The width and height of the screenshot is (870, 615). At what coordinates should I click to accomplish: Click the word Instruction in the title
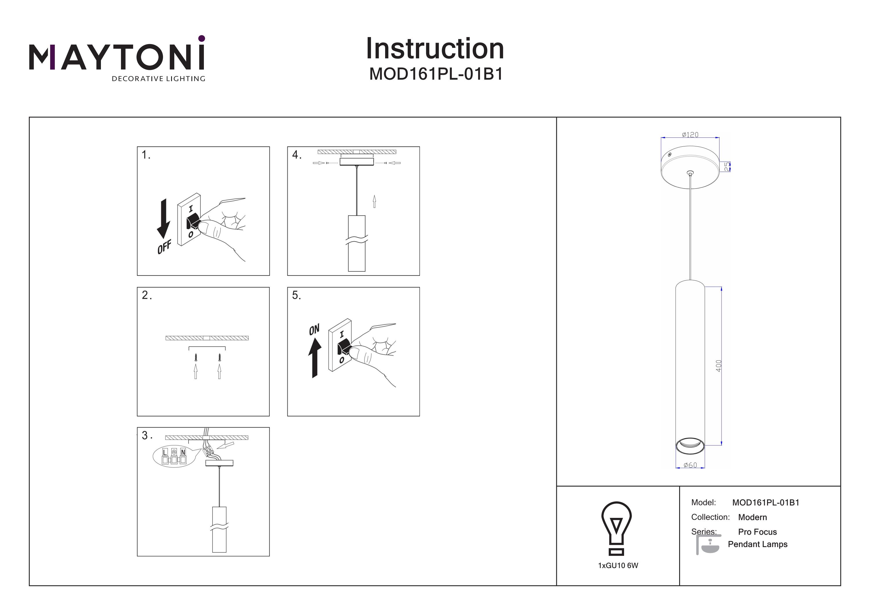(435, 49)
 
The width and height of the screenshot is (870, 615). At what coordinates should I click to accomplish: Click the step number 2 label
(146, 295)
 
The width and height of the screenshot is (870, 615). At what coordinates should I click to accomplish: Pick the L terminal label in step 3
(165, 452)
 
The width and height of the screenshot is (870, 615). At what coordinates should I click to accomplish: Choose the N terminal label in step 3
(183, 452)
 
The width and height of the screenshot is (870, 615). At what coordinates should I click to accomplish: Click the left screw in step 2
(195, 357)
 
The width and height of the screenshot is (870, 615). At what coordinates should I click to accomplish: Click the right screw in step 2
(220, 357)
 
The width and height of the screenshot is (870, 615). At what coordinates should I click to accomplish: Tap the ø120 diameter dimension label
(690, 135)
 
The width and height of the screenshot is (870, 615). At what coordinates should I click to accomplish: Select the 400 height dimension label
(718, 366)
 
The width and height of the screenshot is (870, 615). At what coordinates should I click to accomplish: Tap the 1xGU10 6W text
(618, 565)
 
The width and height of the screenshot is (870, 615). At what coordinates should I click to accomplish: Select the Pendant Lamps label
(757, 544)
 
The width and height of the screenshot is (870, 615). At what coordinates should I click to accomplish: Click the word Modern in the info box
(752, 517)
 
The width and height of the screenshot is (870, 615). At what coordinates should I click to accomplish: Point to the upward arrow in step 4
(374, 201)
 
